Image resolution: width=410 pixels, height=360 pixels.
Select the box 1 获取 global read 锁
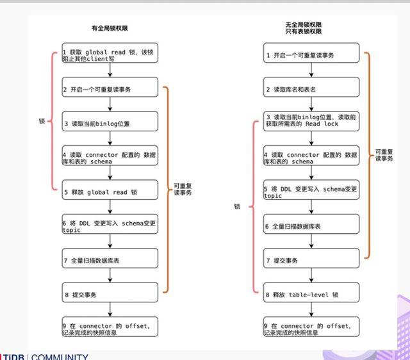(x=110, y=53)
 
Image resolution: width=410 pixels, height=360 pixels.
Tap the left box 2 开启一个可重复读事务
(x=110, y=88)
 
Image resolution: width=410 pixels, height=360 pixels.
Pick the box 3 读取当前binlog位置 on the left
(x=110, y=122)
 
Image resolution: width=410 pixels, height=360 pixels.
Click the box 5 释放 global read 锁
(x=110, y=191)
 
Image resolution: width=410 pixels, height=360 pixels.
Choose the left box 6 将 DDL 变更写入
(x=110, y=225)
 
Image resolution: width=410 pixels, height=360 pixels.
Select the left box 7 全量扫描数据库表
(x=110, y=260)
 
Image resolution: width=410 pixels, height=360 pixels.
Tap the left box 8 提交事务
(x=110, y=295)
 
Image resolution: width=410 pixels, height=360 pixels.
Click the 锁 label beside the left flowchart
(x=42, y=120)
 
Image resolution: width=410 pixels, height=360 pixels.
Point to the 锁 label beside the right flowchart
(x=237, y=206)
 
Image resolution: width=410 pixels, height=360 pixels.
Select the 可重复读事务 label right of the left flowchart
(x=183, y=190)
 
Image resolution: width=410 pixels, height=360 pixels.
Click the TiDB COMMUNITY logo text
(x=45, y=356)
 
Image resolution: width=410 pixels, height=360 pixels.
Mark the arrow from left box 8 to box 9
(x=110, y=311)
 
